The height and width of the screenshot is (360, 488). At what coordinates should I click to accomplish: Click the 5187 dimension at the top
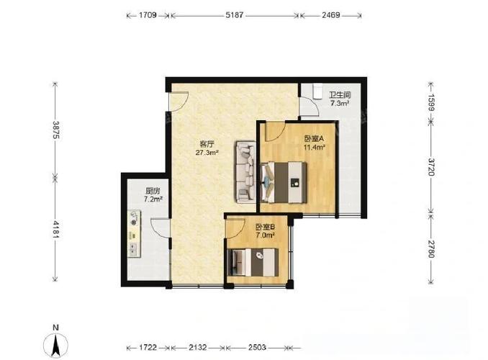(x=234, y=15)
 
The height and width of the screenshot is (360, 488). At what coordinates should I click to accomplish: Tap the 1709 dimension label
(x=148, y=15)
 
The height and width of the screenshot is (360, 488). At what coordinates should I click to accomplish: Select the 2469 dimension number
(x=331, y=15)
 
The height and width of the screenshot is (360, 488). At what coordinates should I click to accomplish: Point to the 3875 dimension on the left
(x=56, y=130)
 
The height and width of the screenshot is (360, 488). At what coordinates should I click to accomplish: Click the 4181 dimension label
(x=56, y=230)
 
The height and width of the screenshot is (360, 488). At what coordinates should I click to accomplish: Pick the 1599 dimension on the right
(x=430, y=102)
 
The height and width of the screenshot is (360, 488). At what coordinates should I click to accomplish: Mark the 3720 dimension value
(x=430, y=167)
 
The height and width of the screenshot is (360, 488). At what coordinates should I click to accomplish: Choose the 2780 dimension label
(x=430, y=249)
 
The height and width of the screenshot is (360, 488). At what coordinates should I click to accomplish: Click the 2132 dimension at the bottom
(x=198, y=347)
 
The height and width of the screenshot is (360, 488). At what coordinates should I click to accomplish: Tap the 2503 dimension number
(x=257, y=347)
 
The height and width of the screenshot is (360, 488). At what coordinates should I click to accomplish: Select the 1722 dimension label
(x=148, y=347)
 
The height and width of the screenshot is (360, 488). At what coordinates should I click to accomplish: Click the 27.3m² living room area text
(x=207, y=153)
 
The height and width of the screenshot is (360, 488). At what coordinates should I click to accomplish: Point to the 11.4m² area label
(x=315, y=147)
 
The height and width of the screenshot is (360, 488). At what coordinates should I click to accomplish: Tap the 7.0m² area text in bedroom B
(x=265, y=235)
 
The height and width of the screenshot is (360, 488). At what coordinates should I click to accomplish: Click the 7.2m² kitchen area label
(x=153, y=199)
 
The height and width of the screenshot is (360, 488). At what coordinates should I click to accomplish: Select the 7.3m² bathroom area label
(x=340, y=103)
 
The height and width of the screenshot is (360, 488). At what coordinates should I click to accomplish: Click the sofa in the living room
(x=246, y=172)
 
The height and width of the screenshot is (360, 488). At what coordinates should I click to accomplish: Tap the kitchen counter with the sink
(x=134, y=233)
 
